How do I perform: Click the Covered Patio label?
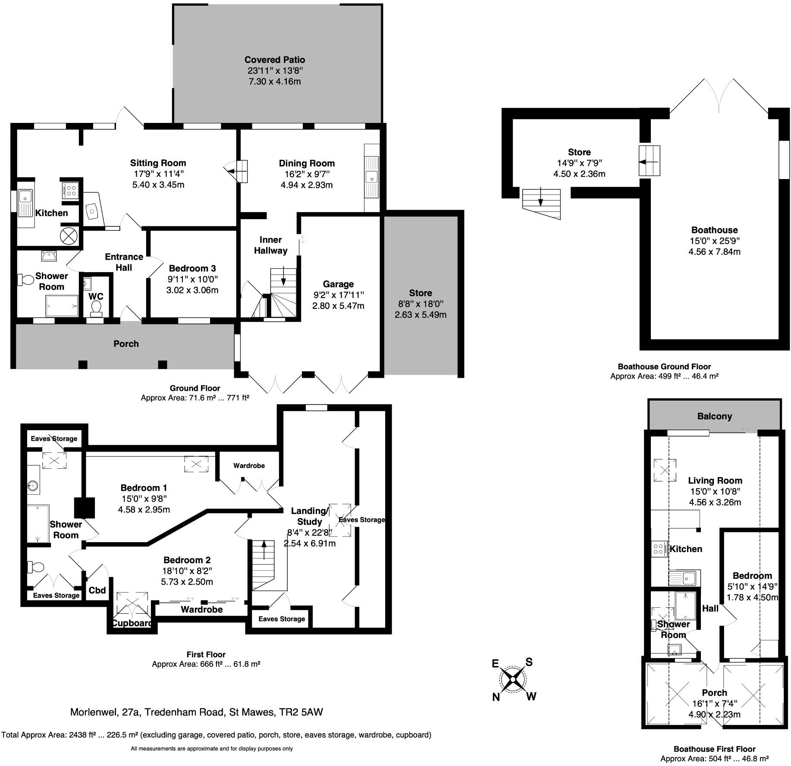275,60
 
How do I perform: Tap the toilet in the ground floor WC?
96,308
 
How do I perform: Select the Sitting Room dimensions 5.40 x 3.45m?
158,185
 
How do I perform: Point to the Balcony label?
715,416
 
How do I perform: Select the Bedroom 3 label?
192,268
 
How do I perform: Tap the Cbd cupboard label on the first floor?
97,590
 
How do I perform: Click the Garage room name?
338,284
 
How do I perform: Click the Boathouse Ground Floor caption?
664,367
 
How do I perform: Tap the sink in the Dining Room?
371,177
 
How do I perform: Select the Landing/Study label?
310,516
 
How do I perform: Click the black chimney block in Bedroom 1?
84,508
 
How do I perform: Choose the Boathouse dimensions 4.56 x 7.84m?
714,251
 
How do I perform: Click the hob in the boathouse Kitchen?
659,549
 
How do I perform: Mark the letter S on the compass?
529,662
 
